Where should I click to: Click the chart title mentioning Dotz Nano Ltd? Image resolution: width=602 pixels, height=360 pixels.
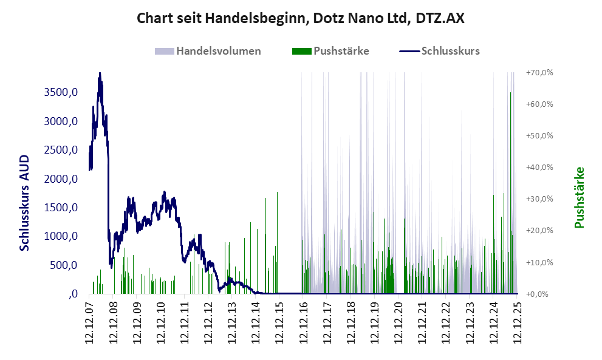tap(301, 18)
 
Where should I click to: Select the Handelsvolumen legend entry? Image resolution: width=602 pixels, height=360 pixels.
tap(219, 51)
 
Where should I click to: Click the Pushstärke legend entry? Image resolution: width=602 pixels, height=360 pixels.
tap(341, 51)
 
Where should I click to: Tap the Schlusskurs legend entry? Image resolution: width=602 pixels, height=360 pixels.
tap(451, 51)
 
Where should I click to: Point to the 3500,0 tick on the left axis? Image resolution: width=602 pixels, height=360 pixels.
tap(60, 92)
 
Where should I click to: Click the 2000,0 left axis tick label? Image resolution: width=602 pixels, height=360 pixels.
tap(60, 179)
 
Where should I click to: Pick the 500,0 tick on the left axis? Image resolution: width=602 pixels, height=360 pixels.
tap(63, 265)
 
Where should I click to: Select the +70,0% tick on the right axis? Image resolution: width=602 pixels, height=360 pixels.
tap(539, 72)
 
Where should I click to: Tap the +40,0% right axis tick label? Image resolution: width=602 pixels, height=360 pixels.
tap(539, 167)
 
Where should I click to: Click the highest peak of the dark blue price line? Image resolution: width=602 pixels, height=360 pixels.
tap(100, 74)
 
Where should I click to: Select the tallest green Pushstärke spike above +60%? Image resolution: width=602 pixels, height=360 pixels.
tap(511, 93)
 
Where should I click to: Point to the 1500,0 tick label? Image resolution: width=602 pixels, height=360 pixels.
tap(60, 208)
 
